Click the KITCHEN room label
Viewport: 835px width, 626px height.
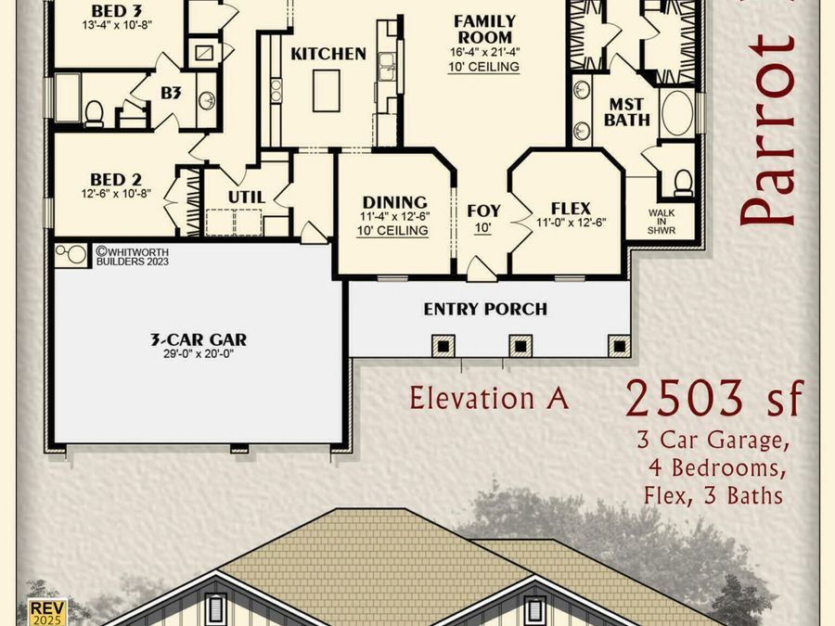(x=328, y=54)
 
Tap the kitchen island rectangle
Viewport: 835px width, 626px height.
(x=327, y=91)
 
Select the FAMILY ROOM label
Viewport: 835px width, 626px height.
(x=484, y=30)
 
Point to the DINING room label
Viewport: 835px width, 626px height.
(x=394, y=202)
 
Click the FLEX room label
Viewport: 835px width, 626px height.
(x=571, y=208)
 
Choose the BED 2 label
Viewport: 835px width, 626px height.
(x=116, y=179)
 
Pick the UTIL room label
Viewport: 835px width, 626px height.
(x=247, y=197)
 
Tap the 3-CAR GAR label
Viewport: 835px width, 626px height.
(x=199, y=339)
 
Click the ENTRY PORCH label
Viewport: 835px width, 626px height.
(x=485, y=309)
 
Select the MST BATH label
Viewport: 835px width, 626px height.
(x=627, y=112)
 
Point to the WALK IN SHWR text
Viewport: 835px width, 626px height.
(x=662, y=222)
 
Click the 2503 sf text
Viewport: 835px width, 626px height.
(x=713, y=398)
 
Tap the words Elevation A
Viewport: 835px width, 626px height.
(x=489, y=398)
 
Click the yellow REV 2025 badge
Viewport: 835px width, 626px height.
(x=48, y=612)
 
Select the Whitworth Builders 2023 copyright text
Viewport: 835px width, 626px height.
(x=132, y=256)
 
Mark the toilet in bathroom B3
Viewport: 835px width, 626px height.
(x=94, y=113)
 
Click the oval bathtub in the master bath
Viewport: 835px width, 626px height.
(x=677, y=113)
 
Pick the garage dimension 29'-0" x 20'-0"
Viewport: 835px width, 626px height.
(x=199, y=353)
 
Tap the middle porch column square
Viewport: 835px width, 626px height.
(x=520, y=346)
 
